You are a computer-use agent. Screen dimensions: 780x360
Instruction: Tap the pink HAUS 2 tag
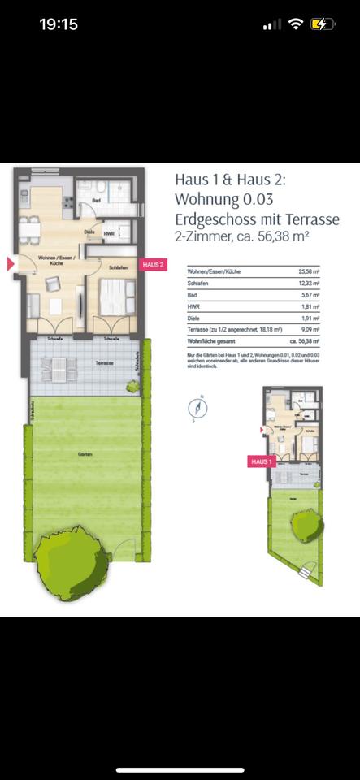pyautogui.click(x=152, y=264)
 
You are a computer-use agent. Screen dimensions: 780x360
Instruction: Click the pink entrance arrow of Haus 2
pyautogui.click(x=11, y=263)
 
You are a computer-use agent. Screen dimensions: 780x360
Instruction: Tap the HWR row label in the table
pyautogui.click(x=192, y=307)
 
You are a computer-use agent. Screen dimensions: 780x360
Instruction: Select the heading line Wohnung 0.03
pyautogui.click(x=223, y=199)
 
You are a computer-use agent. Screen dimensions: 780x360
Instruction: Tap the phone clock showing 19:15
pyautogui.click(x=59, y=24)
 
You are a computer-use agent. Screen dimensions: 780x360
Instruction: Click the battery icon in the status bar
pyautogui.click(x=322, y=24)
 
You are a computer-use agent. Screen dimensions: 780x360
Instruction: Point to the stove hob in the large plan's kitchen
pyautogui.click(x=25, y=195)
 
